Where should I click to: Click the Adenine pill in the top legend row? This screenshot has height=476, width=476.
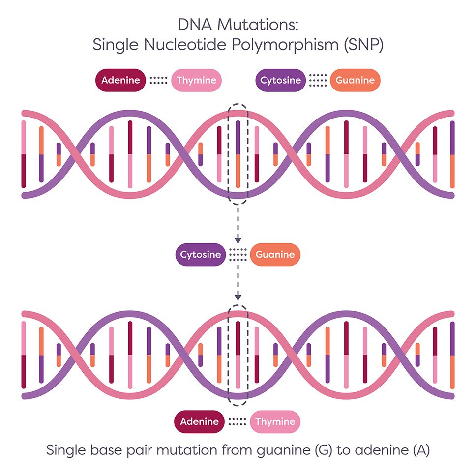click(x=120, y=80)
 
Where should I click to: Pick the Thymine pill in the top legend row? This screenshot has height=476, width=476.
click(x=196, y=80)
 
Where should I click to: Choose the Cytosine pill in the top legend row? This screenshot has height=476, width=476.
click(x=280, y=80)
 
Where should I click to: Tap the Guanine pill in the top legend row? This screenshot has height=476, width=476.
click(x=355, y=80)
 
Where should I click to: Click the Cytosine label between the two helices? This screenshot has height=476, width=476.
click(x=200, y=255)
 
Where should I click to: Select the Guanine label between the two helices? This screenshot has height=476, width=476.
click(x=275, y=255)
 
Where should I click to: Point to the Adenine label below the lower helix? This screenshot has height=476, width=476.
click(x=199, y=421)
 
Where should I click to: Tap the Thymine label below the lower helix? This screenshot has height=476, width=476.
click(x=275, y=421)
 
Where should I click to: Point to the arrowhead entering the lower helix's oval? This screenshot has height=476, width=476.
click(x=238, y=297)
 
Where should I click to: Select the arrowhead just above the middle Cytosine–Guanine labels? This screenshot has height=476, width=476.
click(x=238, y=240)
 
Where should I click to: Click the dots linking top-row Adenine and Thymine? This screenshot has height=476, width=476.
click(x=158, y=80)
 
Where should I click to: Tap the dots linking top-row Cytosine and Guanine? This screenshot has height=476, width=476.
click(x=318, y=80)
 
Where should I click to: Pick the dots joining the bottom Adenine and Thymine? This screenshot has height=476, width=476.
click(x=238, y=421)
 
